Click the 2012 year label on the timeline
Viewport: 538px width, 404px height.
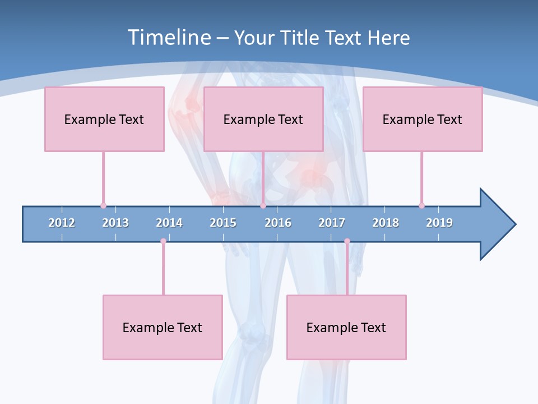(x=62, y=223)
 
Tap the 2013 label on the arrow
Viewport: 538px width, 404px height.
(x=115, y=223)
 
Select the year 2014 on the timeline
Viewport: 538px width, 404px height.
(x=169, y=223)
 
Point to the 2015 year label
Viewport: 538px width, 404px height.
(x=223, y=223)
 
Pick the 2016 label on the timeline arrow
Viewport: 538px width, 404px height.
(x=278, y=223)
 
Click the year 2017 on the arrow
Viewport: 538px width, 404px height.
(x=332, y=223)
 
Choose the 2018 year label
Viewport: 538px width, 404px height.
(x=386, y=223)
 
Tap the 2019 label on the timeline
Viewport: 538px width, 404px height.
(x=439, y=223)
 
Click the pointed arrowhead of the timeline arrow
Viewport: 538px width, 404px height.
(x=499, y=224)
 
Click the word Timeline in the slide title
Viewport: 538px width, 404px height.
(x=169, y=38)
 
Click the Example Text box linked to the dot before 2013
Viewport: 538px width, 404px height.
(x=104, y=119)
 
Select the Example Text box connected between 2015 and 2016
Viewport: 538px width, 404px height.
(x=263, y=119)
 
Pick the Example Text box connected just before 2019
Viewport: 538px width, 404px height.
(x=423, y=119)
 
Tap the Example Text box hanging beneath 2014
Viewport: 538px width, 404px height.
(x=163, y=327)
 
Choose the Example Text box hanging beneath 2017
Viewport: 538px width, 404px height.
(x=346, y=327)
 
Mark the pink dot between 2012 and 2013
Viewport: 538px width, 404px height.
(x=103, y=205)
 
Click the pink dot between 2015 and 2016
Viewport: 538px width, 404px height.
(x=263, y=205)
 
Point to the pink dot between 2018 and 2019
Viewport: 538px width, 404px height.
(x=421, y=205)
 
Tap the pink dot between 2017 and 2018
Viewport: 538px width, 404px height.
(x=347, y=241)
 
